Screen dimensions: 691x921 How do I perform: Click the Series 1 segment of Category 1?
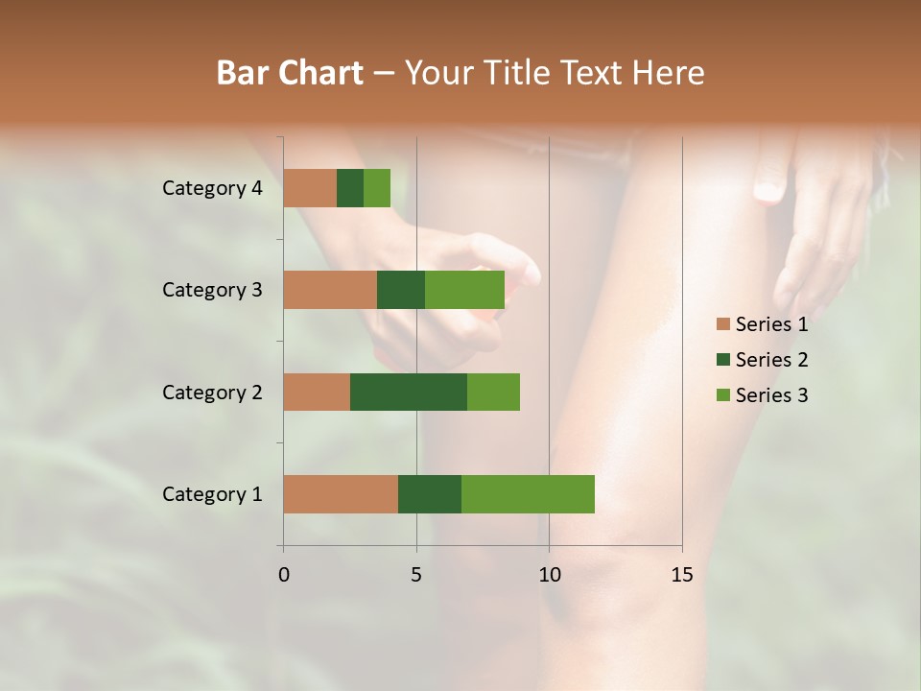tap(341, 494)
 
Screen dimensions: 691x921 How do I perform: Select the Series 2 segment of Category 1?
tap(430, 494)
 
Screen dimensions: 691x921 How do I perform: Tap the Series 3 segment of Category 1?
tap(528, 494)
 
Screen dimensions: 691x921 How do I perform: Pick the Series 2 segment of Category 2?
tap(409, 392)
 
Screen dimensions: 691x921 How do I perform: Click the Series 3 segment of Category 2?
tap(493, 392)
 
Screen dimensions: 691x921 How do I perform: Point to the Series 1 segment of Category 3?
tap(330, 290)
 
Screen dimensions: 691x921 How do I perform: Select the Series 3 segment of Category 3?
tap(464, 290)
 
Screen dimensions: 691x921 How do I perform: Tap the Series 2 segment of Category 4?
tap(350, 188)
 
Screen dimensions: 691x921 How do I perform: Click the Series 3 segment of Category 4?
tap(377, 188)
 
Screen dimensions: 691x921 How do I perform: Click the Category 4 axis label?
tap(212, 188)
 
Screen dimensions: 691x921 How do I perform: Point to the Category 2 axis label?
tap(212, 392)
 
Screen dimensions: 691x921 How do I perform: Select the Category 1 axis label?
tap(212, 494)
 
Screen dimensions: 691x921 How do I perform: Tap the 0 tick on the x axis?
tap(284, 575)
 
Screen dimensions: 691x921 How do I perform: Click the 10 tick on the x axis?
tap(549, 575)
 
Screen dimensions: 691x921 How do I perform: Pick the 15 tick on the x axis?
tap(681, 575)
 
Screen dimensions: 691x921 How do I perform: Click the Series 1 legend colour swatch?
tap(723, 324)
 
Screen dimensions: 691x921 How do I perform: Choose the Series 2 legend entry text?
tap(771, 360)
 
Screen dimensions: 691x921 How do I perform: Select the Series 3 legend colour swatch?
tap(723, 395)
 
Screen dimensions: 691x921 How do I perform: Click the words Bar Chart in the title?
tap(290, 72)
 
